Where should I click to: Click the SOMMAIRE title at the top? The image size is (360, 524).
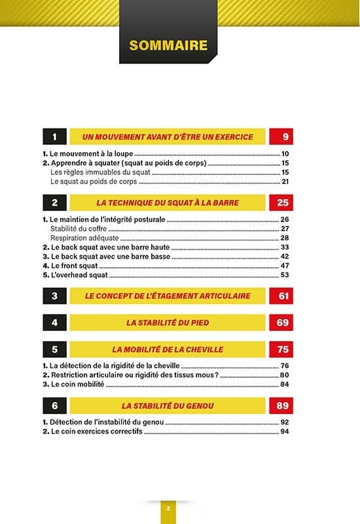pos(168,45)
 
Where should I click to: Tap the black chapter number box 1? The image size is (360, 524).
pos(55,137)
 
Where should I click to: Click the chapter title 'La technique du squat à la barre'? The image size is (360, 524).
pos(167,203)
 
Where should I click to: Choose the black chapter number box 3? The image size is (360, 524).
pos(55,296)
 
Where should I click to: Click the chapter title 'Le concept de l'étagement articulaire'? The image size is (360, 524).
pos(167,296)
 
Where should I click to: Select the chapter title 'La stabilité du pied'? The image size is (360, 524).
pos(167,323)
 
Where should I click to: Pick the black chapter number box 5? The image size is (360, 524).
pos(55,350)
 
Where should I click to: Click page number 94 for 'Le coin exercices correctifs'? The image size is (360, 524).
pos(285,432)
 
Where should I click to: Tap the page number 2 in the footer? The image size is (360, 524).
pos(168,508)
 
